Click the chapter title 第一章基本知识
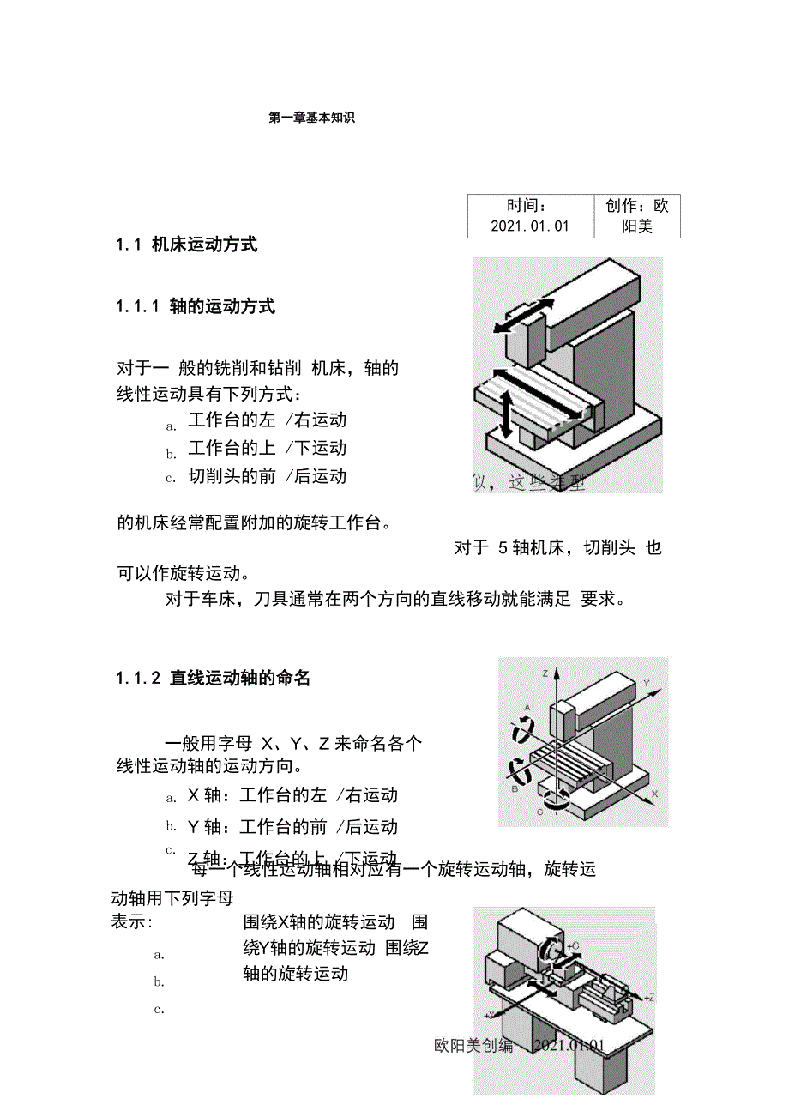click(x=311, y=118)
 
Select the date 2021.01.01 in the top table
click(x=530, y=226)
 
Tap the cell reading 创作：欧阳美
click(x=637, y=215)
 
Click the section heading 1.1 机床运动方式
click(x=187, y=245)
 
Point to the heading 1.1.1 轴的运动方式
click(x=196, y=307)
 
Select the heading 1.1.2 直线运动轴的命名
click(x=214, y=679)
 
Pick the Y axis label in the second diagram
click(x=647, y=684)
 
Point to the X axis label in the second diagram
click(x=654, y=795)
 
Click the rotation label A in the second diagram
click(x=527, y=707)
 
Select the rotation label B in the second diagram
click(x=514, y=787)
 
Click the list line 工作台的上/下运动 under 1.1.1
click(x=268, y=449)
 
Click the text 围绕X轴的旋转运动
click(x=318, y=923)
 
